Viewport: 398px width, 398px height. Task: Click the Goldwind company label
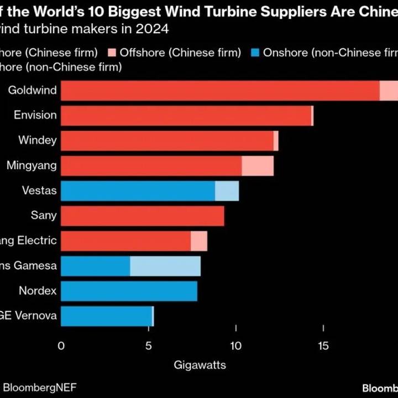33,90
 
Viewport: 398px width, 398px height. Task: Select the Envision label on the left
35,115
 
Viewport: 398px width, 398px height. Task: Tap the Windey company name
38,140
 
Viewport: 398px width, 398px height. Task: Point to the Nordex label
38,290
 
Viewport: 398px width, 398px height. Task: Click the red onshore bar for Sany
142,216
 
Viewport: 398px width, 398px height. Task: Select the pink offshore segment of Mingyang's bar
258,166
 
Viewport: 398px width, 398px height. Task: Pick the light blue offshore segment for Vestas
227,191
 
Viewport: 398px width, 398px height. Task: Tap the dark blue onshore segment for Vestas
138,191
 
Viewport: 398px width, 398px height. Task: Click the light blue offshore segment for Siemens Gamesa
165,266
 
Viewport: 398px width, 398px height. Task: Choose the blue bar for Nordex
129,291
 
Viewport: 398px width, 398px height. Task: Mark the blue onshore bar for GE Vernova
106,316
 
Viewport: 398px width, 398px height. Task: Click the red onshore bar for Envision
186,116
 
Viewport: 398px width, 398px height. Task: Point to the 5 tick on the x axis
149,346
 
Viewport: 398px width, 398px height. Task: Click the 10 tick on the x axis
236,346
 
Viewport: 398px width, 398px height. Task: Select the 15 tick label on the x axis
323,346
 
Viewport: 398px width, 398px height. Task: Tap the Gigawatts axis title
200,365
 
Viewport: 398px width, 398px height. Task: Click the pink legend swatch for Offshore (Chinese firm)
112,53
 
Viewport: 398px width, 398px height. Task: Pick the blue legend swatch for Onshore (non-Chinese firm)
254,53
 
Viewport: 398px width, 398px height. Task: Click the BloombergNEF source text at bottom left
39,387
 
